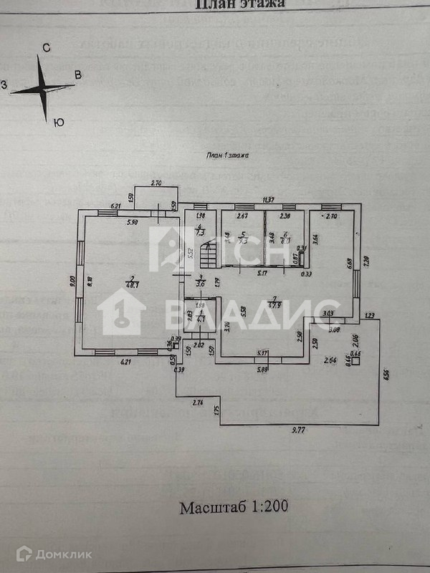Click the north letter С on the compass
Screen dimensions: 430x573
click(x=45, y=48)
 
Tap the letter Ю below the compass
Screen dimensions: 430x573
click(x=59, y=122)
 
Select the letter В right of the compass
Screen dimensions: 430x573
click(x=79, y=74)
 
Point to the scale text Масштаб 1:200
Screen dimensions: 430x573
click(x=234, y=508)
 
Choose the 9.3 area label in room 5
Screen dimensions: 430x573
click(x=243, y=241)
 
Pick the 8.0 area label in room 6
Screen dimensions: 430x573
click(x=285, y=241)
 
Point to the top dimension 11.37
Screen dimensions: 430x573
click(x=269, y=200)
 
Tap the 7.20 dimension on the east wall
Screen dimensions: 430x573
click(x=365, y=261)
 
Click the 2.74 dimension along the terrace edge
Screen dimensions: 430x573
click(x=198, y=404)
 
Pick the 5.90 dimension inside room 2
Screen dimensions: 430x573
click(x=132, y=223)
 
